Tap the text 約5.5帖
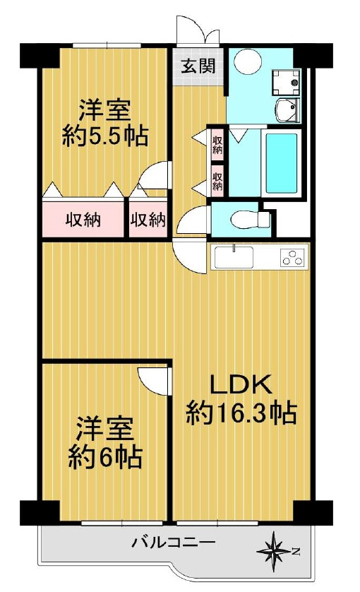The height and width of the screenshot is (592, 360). pos(105,135)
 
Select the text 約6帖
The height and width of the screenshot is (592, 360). pos(106,457)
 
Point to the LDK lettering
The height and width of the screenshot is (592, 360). pos(241,385)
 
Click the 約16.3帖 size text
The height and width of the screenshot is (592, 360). pos(241,413)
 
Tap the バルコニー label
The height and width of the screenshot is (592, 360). pos(174,543)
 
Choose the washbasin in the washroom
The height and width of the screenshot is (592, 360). pos(289,110)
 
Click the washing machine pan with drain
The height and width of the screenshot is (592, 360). pos(286,81)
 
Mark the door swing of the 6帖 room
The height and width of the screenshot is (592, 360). pos(157,381)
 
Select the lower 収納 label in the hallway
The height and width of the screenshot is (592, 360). pos(217,181)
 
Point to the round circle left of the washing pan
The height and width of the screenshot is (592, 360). pos(247,64)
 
